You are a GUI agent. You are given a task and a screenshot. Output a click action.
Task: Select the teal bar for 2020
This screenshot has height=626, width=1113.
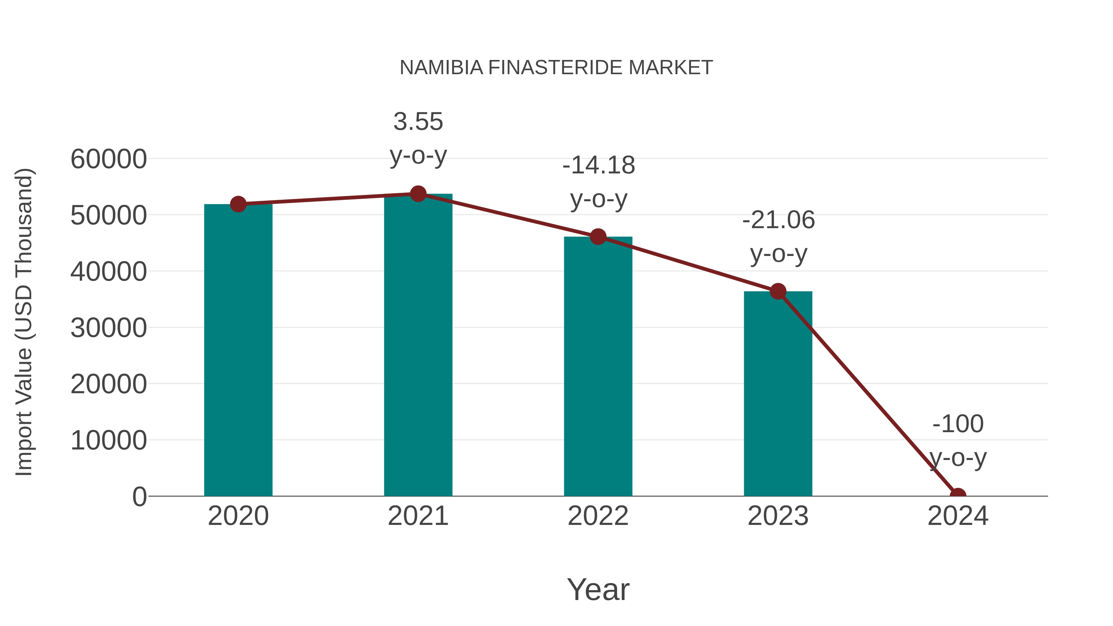tap(238, 350)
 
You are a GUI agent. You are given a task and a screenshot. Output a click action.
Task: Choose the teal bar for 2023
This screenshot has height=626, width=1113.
tap(778, 394)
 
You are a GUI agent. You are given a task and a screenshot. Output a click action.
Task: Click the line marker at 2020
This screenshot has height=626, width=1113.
tap(238, 204)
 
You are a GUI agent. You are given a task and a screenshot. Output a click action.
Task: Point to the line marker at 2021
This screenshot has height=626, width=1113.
tap(418, 194)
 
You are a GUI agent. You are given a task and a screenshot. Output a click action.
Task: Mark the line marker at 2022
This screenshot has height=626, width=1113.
tap(598, 237)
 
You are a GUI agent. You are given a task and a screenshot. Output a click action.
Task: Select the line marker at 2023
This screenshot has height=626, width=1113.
tap(778, 292)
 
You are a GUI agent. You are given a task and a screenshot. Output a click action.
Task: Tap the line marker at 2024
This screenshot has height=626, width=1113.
tap(957, 495)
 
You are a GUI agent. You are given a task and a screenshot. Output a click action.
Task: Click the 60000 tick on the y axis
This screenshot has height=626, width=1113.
tap(109, 159)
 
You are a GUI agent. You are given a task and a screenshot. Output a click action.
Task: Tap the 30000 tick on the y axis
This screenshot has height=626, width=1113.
tap(109, 328)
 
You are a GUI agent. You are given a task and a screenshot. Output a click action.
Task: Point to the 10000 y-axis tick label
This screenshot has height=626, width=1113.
tap(109, 441)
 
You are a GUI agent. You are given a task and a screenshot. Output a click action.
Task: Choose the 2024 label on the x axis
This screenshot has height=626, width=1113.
tap(957, 516)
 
